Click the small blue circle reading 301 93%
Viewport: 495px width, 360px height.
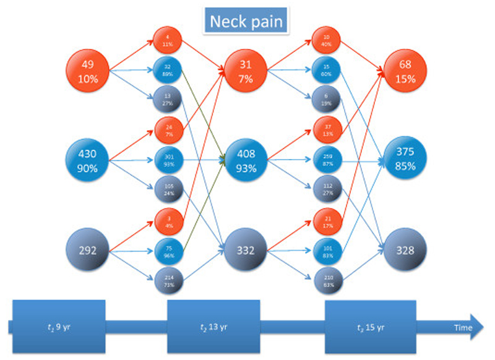170,160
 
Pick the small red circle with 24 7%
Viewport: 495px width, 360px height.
170,130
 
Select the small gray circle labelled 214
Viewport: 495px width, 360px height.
170,283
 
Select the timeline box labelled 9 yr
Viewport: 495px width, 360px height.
59,326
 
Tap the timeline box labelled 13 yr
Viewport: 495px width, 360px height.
213,326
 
